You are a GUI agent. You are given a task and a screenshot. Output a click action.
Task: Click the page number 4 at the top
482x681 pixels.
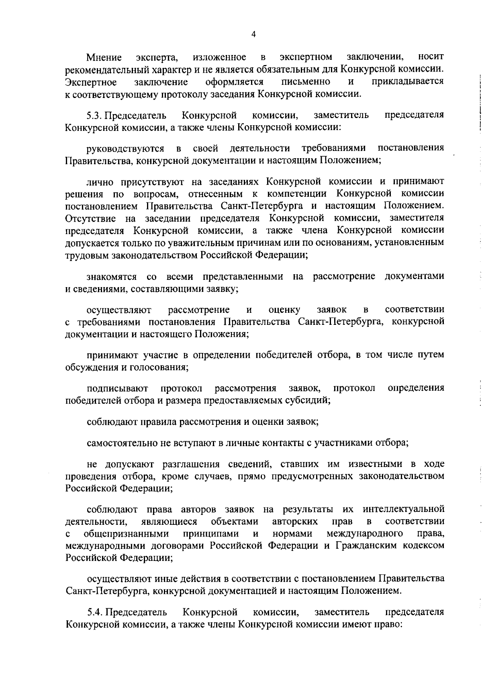pos(253,35)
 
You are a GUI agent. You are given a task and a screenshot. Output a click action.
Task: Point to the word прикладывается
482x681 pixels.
pos(408,82)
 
